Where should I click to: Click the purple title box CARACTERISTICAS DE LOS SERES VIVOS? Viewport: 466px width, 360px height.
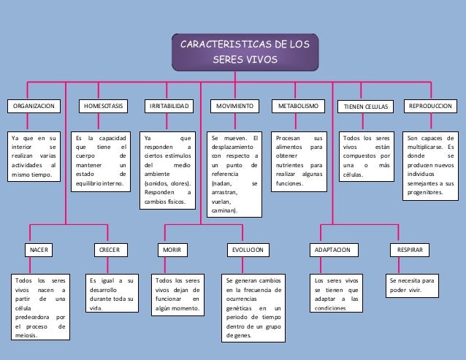click(x=244, y=52)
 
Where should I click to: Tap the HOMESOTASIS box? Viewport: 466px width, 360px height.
click(x=104, y=107)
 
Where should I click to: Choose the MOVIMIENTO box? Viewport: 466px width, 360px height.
click(x=234, y=107)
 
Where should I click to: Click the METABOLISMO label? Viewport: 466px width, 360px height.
click(x=299, y=107)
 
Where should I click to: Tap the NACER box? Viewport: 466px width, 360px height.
click(x=39, y=250)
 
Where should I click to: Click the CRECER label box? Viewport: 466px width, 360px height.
click(x=109, y=250)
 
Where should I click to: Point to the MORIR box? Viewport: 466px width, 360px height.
click(x=172, y=250)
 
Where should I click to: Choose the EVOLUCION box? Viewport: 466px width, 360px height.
click(x=248, y=250)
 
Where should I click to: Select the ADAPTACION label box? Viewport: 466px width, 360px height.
click(x=332, y=250)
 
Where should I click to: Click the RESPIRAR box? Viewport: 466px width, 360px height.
click(x=408, y=250)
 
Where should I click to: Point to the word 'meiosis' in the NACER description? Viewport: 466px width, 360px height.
click(x=28, y=337)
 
